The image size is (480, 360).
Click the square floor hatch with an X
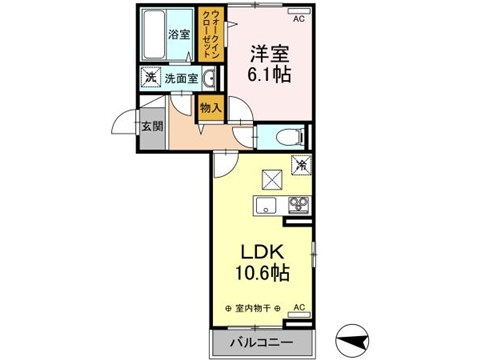271,179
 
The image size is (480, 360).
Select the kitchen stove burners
299,206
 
